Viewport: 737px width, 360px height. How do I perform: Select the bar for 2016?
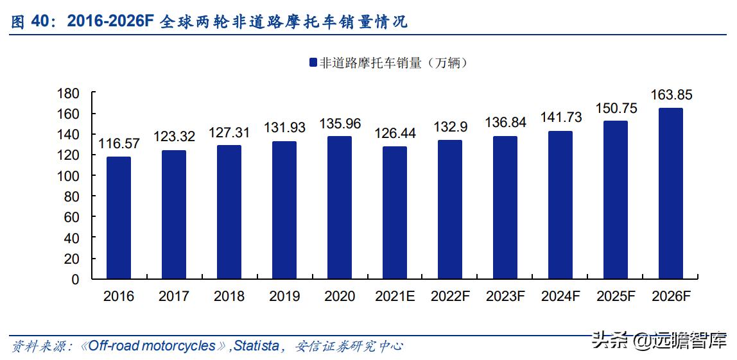(119, 218)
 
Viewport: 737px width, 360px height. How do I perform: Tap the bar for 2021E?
(395, 212)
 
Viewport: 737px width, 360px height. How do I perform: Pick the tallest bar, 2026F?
(671, 193)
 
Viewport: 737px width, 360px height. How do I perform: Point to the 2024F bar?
(560, 205)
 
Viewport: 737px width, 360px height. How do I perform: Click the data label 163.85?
(671, 95)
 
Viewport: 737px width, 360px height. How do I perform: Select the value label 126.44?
(395, 133)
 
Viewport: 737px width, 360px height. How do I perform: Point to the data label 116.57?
(119, 144)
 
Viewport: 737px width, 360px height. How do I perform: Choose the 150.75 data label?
(616, 108)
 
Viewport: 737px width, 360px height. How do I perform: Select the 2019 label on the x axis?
(284, 296)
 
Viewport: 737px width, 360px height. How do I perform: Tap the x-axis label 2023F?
(505, 296)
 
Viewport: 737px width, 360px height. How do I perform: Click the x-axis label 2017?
(174, 296)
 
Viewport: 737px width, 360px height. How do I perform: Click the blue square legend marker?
(313, 63)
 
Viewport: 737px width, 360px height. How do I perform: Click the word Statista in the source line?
(256, 346)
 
